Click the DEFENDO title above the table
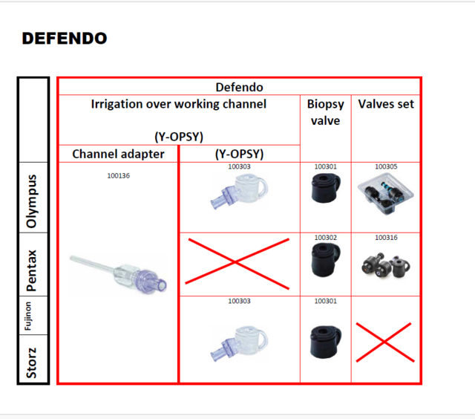[x=65, y=38]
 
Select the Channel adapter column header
[x=118, y=154]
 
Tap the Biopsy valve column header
[x=325, y=112]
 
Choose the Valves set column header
[x=385, y=104]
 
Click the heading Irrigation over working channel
[x=178, y=104]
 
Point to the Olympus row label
[x=32, y=201]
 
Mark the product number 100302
[x=325, y=238]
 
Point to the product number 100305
[x=386, y=167]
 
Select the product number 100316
[x=386, y=238]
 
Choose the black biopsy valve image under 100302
[x=325, y=263]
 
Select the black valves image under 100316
[x=385, y=266]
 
